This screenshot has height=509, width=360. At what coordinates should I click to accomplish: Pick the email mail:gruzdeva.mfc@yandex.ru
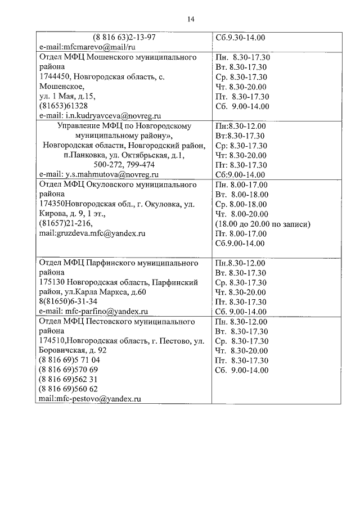92,233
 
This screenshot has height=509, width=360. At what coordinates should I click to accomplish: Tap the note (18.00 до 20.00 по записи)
263,223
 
